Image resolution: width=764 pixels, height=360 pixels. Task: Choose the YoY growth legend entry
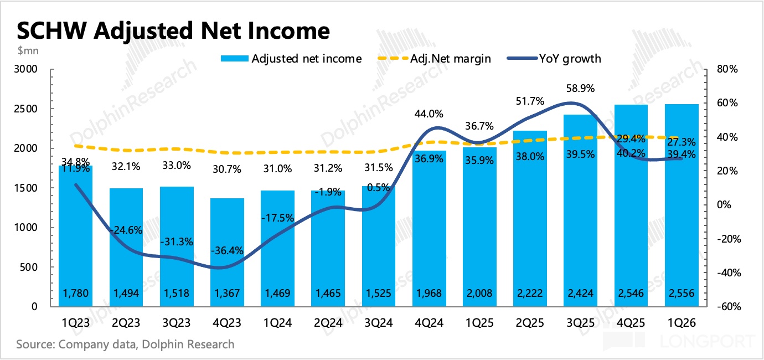coord(570,58)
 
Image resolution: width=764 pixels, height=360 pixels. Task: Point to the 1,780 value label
coord(75,293)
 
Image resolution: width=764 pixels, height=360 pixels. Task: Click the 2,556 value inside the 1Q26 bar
coord(682,293)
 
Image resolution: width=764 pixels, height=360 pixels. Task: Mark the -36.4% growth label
coord(227,251)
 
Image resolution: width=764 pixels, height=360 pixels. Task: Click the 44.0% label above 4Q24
coord(429,114)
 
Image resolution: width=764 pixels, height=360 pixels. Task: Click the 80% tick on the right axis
coord(727,70)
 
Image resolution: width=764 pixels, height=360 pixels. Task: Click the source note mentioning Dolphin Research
coord(125,344)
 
